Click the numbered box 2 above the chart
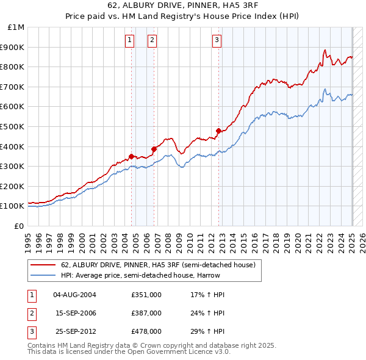pos(152,41)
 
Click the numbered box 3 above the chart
pos(217,41)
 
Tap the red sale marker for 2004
pos(131,156)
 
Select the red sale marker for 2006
pos(154,149)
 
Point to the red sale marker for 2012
pos(218,131)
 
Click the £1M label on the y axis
pos(16,27)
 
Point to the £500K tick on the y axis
pos(13,126)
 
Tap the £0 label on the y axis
pos(19,226)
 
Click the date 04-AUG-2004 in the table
pos(74,295)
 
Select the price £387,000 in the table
pos(146,313)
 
